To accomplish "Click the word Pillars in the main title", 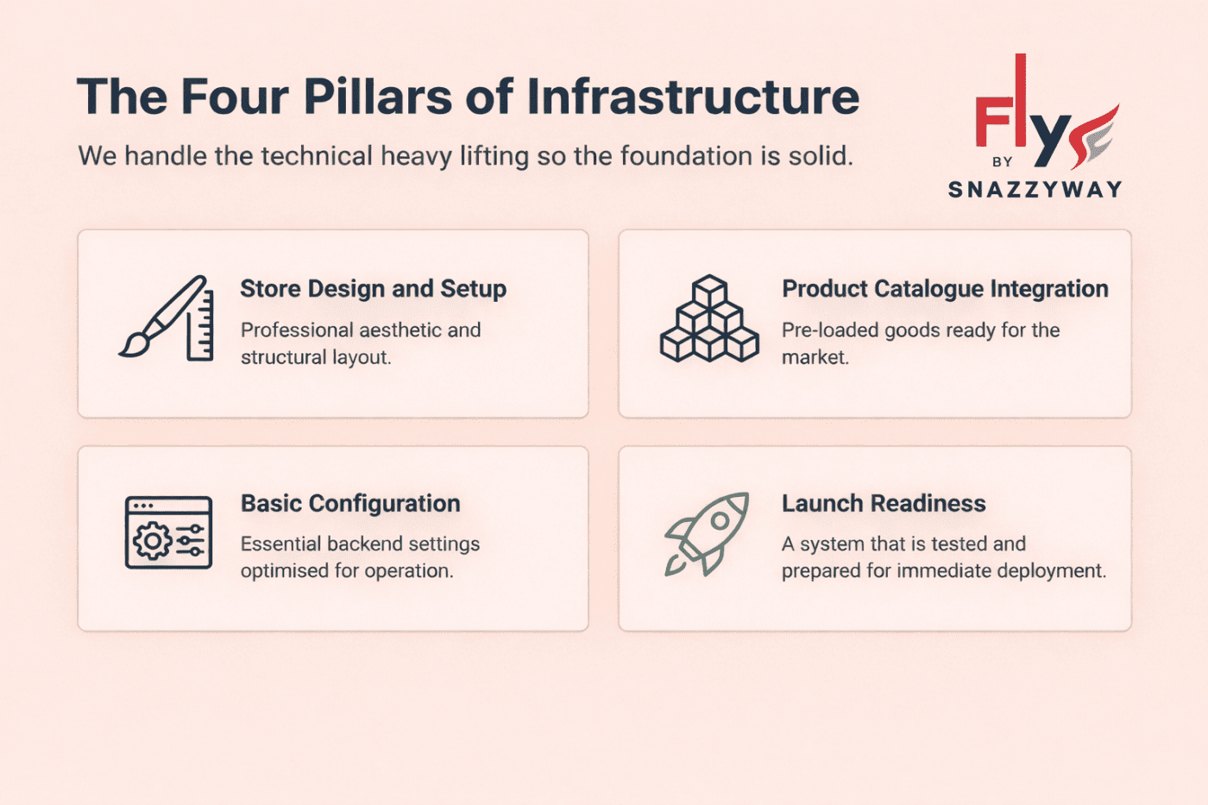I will tap(377, 97).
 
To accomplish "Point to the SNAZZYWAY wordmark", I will tap(1035, 190).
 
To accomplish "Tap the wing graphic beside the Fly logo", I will tap(1094, 136).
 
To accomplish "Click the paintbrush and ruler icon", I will tap(167, 318).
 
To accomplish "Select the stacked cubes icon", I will tap(709, 318).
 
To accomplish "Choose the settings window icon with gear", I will tap(168, 532).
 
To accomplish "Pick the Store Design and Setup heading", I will tap(373, 289).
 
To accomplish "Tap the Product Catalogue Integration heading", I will tap(945, 289).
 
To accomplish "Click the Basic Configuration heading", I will tap(350, 504).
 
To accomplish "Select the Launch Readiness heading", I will tap(884, 504).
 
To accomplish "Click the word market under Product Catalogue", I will tap(814, 357).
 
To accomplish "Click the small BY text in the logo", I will tap(1002, 162).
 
